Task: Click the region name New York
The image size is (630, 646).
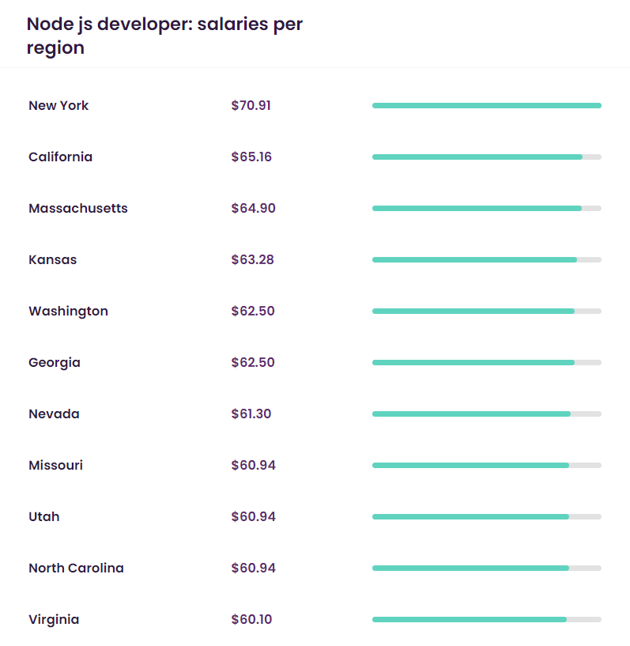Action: point(58,105)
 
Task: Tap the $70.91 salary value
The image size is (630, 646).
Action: point(251,105)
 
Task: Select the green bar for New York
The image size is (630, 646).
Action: point(486,105)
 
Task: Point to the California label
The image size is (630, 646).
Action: point(60,157)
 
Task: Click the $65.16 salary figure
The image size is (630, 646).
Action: point(251,157)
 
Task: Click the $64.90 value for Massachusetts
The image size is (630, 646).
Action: point(253,208)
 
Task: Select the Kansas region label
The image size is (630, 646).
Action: point(52,259)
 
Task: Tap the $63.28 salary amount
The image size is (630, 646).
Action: point(252,259)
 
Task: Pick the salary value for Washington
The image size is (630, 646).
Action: point(253,311)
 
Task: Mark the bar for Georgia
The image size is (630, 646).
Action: point(473,362)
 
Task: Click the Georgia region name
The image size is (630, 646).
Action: point(55,362)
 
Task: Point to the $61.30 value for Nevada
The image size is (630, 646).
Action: point(251,414)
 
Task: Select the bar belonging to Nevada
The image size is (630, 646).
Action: point(471,414)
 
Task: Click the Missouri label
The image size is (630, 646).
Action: point(55,465)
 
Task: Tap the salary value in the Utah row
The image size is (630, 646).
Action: point(253,516)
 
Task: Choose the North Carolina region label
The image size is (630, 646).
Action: point(76,568)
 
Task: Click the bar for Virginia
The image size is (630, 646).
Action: point(470,619)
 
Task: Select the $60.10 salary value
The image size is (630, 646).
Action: point(251,619)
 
